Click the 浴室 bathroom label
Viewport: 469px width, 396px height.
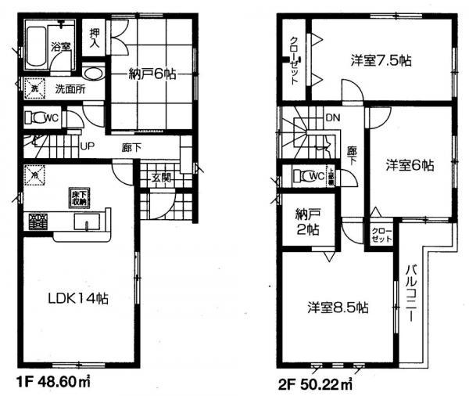pyautogui.click(x=61, y=46)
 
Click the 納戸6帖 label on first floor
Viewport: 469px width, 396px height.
pyautogui.click(x=152, y=74)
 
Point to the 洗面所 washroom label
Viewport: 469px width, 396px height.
pyautogui.click(x=69, y=88)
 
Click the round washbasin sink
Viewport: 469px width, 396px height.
pyautogui.click(x=92, y=75)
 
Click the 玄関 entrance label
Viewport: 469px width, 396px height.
pyautogui.click(x=162, y=179)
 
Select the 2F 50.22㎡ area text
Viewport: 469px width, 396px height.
pyautogui.click(x=313, y=383)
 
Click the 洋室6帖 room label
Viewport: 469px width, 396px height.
pyautogui.click(x=410, y=165)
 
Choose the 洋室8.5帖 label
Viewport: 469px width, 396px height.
pyautogui.click(x=337, y=308)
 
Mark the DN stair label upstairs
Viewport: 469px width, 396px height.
pyautogui.click(x=332, y=118)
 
